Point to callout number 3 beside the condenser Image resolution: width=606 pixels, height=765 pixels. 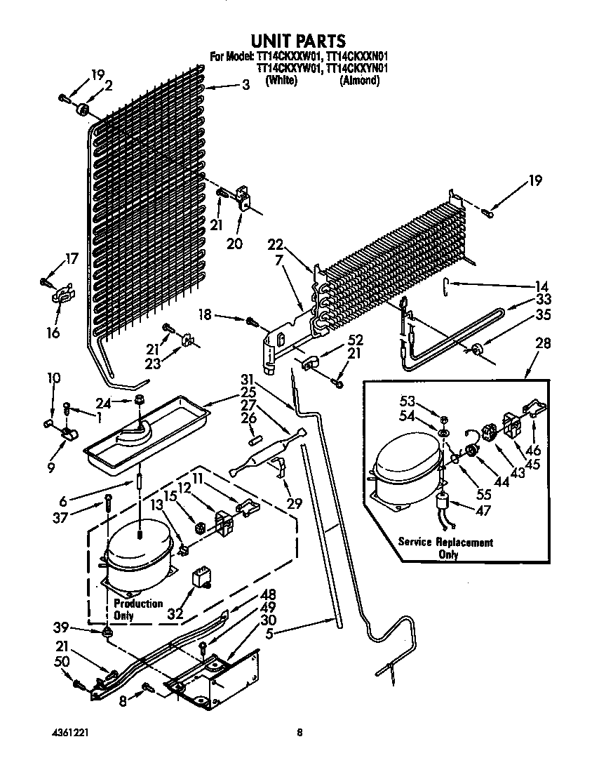[245, 86]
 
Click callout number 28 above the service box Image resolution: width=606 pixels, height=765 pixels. [542, 344]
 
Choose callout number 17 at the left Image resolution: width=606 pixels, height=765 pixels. [72, 258]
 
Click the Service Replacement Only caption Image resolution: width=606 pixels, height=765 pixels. [445, 548]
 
